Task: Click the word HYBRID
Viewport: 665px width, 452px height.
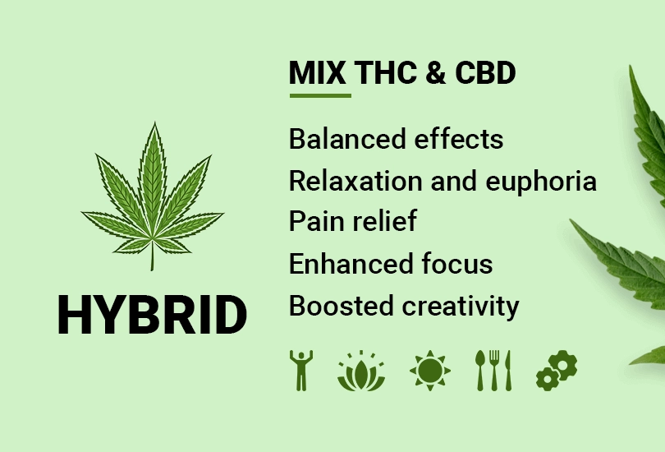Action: [152, 315]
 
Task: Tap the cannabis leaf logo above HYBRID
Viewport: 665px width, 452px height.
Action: [152, 197]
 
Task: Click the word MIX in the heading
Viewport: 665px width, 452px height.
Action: [318, 73]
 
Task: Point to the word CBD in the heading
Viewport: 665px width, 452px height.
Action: [484, 73]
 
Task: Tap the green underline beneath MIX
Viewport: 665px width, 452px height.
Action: [319, 95]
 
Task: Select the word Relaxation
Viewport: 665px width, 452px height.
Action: [355, 181]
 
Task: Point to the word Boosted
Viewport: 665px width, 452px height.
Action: [341, 306]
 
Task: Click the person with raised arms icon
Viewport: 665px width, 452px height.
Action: [301, 370]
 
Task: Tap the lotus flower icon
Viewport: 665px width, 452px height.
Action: [361, 371]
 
